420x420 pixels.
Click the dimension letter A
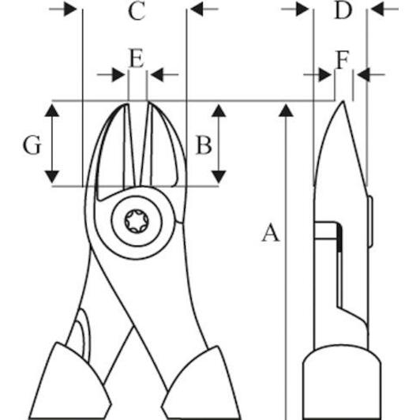pyautogui.click(x=271, y=233)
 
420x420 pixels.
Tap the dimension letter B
pyautogui.click(x=204, y=145)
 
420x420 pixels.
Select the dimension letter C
pyautogui.click(x=137, y=11)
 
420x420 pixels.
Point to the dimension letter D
pyautogui.click(x=343, y=10)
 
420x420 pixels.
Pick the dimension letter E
pyautogui.click(x=137, y=58)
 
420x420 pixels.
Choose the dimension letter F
pyautogui.click(x=343, y=59)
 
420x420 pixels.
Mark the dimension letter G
pyautogui.click(x=32, y=145)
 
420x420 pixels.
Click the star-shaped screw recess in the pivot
pyautogui.click(x=137, y=221)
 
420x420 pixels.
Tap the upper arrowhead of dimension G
pyautogui.click(x=51, y=111)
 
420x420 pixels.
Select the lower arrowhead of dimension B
pyautogui.click(x=219, y=177)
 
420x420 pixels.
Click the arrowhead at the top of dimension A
pyautogui.click(x=286, y=111)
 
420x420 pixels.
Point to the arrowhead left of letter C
pyautogui.click(x=70, y=9)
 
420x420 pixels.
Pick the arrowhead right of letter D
pyautogui.click(x=377, y=9)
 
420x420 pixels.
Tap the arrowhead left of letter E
pyautogui.click(x=118, y=74)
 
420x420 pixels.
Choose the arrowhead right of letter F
pyautogui.click(x=363, y=74)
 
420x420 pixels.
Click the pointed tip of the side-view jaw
pyautogui.click(x=343, y=102)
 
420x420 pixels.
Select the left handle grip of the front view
pyautogui.click(x=70, y=381)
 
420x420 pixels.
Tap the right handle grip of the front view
pyautogui.click(x=201, y=384)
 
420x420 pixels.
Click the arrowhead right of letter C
pyautogui.click(x=197, y=9)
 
